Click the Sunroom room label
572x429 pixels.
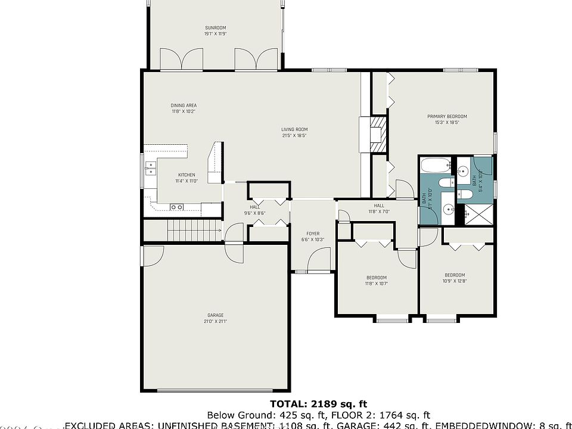click(x=215, y=28)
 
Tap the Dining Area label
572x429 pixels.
click(x=184, y=106)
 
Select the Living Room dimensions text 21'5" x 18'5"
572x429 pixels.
click(x=294, y=135)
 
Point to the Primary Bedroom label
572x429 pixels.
click(x=447, y=116)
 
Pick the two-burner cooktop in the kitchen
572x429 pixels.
click(x=176, y=207)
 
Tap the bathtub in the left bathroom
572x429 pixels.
click(x=434, y=166)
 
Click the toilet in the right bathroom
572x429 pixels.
click(x=466, y=194)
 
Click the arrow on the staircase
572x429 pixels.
click(x=214, y=229)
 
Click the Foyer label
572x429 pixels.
click(x=313, y=234)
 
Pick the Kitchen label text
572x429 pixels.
click(x=186, y=175)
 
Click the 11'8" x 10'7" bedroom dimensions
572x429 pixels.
click(x=376, y=284)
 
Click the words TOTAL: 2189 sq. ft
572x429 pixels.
click(x=319, y=404)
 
